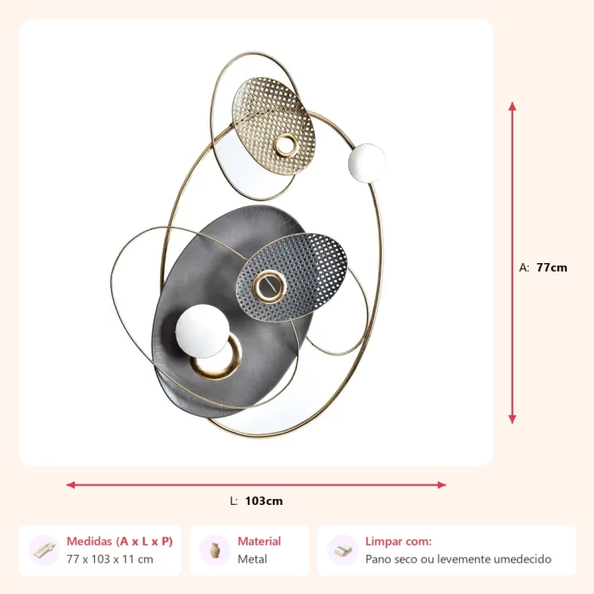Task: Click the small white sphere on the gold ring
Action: (367, 163)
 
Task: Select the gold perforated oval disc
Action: (273, 126)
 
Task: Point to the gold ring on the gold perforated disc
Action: (286, 145)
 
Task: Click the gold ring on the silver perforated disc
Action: (269, 287)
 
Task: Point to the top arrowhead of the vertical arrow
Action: (513, 106)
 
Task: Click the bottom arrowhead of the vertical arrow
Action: (513, 419)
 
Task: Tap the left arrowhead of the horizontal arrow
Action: (70, 485)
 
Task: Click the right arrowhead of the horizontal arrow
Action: (442, 485)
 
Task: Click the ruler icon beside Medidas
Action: (44, 551)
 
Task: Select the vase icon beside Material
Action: (216, 551)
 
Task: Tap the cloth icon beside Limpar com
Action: (343, 551)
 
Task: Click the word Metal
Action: (252, 559)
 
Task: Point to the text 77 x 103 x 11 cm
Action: (109, 559)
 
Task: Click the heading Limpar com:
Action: (399, 541)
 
